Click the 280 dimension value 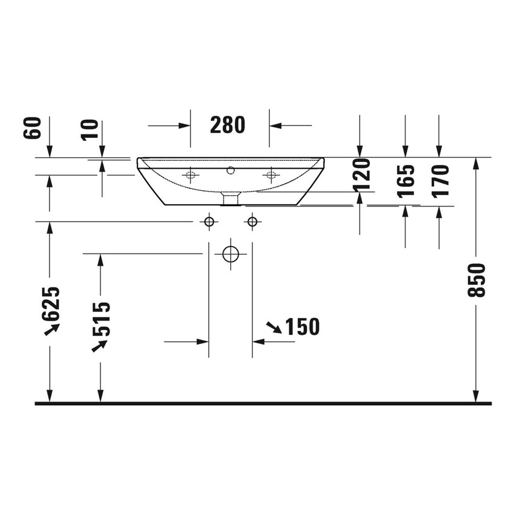point(228,125)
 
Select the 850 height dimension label point(476,280)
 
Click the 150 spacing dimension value point(302,327)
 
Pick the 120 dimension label point(361,175)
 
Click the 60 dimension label point(34,128)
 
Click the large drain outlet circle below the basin point(231,254)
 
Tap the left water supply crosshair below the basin point(209,222)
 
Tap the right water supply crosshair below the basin point(252,222)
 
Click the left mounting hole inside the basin point(190,175)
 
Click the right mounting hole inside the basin point(270,175)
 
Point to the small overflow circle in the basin point(230,170)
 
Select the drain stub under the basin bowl point(230,198)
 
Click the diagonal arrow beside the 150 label point(273,327)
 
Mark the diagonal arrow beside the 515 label point(99,345)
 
